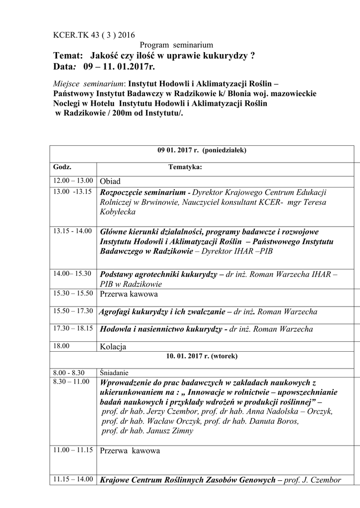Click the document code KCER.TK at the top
69,35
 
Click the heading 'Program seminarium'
176,45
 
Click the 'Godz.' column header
63,167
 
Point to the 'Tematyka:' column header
185,167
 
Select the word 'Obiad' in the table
110,182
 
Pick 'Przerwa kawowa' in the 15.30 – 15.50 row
129,294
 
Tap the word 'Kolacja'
113,347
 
